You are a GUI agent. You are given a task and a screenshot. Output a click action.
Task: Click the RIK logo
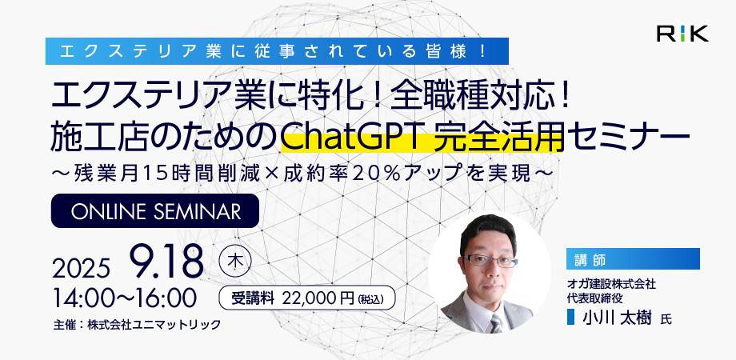682,34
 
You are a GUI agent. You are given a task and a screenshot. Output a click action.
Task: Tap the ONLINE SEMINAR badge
155,210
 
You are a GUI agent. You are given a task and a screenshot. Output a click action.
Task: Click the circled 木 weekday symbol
235,261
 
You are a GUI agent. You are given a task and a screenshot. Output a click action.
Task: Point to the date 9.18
166,261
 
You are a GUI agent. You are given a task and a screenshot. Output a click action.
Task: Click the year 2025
81,268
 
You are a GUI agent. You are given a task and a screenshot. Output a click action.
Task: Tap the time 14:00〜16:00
125,297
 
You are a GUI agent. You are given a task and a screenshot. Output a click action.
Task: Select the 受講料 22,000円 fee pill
307,298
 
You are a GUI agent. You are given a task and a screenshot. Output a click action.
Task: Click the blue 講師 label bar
633,258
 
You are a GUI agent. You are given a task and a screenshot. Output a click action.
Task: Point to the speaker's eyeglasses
490,261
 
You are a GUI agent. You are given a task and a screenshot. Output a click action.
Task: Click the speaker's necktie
496,323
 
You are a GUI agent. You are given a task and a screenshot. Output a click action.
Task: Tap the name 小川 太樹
617,318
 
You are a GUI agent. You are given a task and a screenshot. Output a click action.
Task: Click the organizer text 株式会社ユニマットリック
154,325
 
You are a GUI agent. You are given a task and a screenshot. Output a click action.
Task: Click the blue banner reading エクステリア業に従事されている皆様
277,50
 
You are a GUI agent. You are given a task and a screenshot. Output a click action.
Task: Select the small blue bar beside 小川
570,317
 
